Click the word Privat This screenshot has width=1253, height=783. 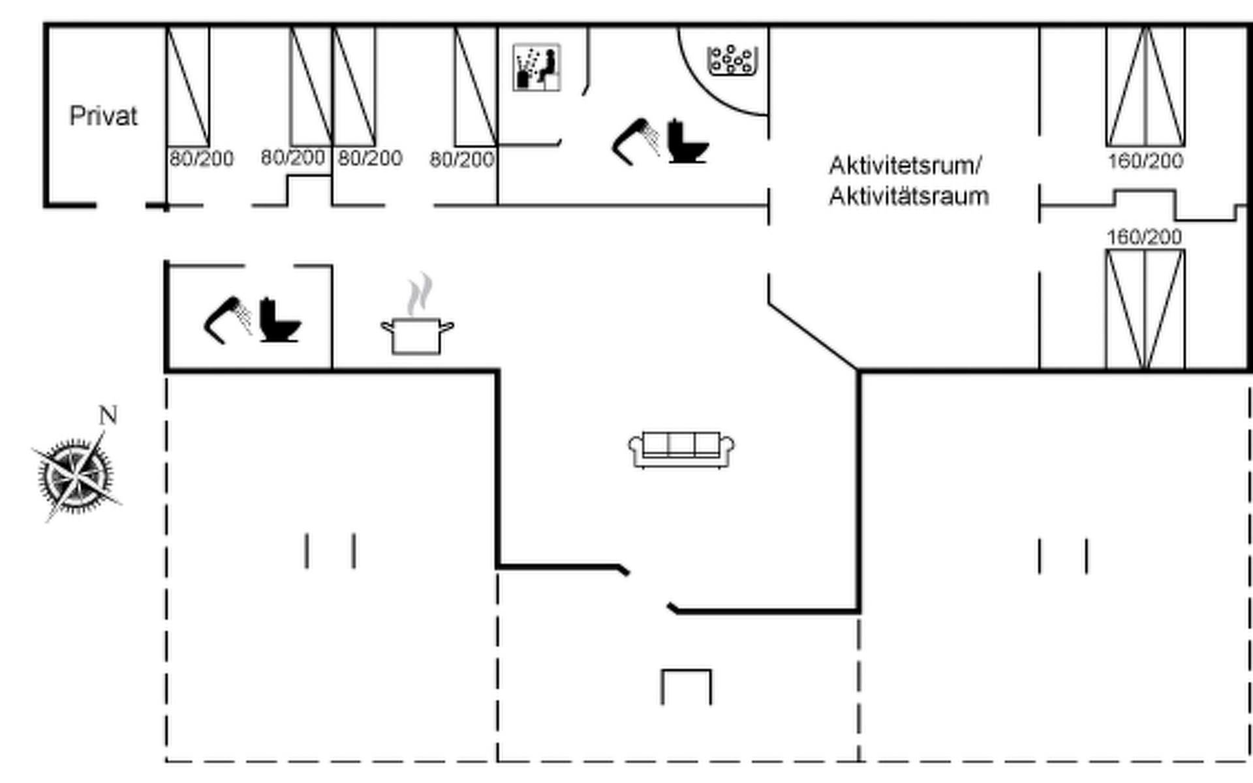click(103, 116)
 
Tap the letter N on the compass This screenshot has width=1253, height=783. click(108, 415)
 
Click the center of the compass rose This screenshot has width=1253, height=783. click(76, 474)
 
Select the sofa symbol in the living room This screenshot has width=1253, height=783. click(681, 449)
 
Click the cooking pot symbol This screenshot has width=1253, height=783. click(417, 335)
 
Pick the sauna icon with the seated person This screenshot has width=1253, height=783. click(536, 67)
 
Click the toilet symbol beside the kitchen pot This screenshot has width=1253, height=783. click(279, 320)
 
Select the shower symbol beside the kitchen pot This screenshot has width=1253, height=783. click(228, 319)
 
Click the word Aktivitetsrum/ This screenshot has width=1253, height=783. click(905, 166)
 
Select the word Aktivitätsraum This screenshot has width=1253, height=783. click(908, 196)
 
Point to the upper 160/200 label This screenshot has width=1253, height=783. click(1145, 161)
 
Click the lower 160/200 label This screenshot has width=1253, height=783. click(1144, 237)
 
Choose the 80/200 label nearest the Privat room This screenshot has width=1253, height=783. click(201, 159)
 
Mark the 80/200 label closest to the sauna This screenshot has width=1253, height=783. click(461, 159)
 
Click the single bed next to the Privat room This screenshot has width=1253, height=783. click(188, 86)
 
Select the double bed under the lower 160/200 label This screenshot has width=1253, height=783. click(1145, 309)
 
